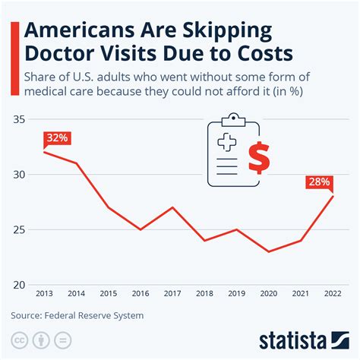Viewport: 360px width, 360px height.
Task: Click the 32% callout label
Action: tap(57, 138)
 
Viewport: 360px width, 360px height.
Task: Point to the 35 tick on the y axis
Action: tap(20, 120)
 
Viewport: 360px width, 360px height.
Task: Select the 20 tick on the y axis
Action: tap(20, 284)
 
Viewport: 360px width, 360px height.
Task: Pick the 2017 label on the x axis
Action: tap(173, 293)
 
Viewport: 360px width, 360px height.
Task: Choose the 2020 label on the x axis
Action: tap(268, 293)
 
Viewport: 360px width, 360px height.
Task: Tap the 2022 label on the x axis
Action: tap(331, 293)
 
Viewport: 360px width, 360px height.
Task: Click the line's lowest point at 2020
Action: tap(268, 251)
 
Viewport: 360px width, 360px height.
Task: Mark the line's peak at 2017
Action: tap(173, 207)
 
